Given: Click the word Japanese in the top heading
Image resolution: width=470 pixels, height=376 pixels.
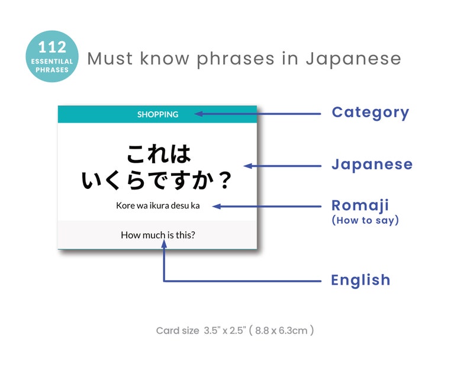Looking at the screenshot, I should (353, 59).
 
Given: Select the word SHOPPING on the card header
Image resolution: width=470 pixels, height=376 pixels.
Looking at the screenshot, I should (157, 114).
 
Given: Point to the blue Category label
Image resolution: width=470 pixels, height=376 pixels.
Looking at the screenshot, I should (370, 112).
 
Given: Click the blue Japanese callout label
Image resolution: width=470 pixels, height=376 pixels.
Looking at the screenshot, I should (372, 164).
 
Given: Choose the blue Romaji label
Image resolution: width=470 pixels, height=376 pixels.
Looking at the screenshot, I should (360, 205).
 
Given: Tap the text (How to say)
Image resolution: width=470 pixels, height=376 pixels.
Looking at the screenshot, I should (365, 220).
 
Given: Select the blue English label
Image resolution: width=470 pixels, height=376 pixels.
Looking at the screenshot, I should (360, 279).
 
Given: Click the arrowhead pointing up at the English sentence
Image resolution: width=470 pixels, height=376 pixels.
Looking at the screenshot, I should (164, 246).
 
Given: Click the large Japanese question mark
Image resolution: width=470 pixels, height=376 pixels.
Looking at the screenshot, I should (224, 181).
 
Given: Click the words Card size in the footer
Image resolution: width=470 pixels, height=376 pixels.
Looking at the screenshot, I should (178, 330).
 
